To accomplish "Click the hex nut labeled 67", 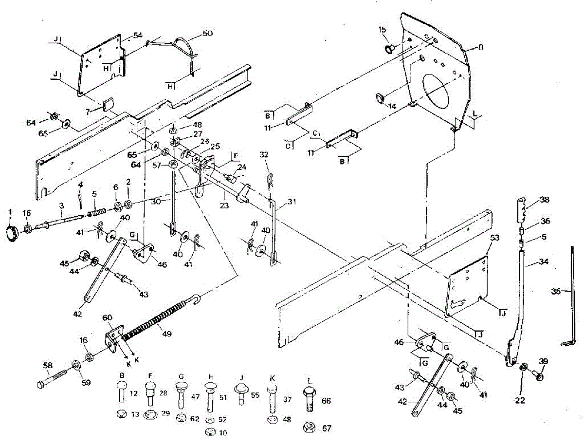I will pyautogui.click(x=309, y=428).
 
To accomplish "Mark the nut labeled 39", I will pyautogui.click(x=539, y=376).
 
